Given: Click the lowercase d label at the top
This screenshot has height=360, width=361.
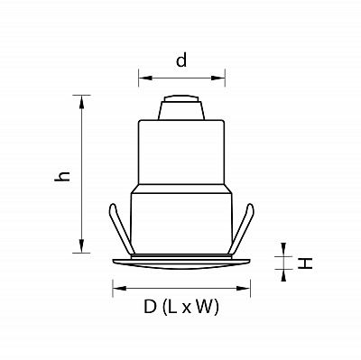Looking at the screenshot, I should tap(181, 61).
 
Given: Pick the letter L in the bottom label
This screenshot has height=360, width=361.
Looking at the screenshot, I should tap(171, 309).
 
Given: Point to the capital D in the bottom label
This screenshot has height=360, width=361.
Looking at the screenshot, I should tap(149, 309).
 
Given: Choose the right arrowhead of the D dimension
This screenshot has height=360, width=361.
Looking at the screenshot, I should tap(246, 289).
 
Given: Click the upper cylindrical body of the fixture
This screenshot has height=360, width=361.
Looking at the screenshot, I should tap(180, 150).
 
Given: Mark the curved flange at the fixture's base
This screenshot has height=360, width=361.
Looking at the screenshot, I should tap(180, 263).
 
